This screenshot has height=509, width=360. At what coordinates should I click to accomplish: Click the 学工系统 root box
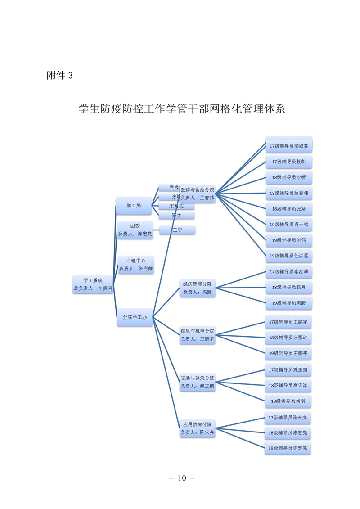(93, 284)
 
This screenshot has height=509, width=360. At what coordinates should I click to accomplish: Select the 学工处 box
(134, 206)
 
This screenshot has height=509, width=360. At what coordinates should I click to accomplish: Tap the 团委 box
(135, 230)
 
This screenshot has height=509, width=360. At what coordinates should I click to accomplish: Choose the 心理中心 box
(135, 265)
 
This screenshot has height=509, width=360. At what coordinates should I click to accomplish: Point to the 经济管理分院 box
(197, 288)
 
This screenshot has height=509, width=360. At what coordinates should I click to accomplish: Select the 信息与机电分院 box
(197, 335)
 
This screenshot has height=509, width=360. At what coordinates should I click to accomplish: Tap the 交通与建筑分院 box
(197, 382)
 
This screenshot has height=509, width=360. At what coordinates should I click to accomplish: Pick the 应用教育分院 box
(197, 428)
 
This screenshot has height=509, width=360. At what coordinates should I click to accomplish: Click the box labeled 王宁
(177, 230)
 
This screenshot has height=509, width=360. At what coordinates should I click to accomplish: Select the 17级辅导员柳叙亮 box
(288, 146)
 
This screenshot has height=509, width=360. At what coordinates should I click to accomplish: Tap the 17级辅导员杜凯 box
(288, 162)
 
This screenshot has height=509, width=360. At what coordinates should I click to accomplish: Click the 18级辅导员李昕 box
(288, 177)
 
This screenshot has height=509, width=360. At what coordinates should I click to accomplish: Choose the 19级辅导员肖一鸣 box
(288, 224)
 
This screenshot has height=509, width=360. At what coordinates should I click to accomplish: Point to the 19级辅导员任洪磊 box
(288, 256)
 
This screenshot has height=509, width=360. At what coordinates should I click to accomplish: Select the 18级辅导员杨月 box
(288, 287)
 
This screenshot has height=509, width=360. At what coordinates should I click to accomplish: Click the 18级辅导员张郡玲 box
(288, 338)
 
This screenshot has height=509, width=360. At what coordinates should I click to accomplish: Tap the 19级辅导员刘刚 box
(288, 401)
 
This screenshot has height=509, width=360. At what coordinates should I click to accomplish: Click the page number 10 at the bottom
(181, 478)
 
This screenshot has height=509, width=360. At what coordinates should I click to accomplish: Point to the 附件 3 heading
(59, 76)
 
